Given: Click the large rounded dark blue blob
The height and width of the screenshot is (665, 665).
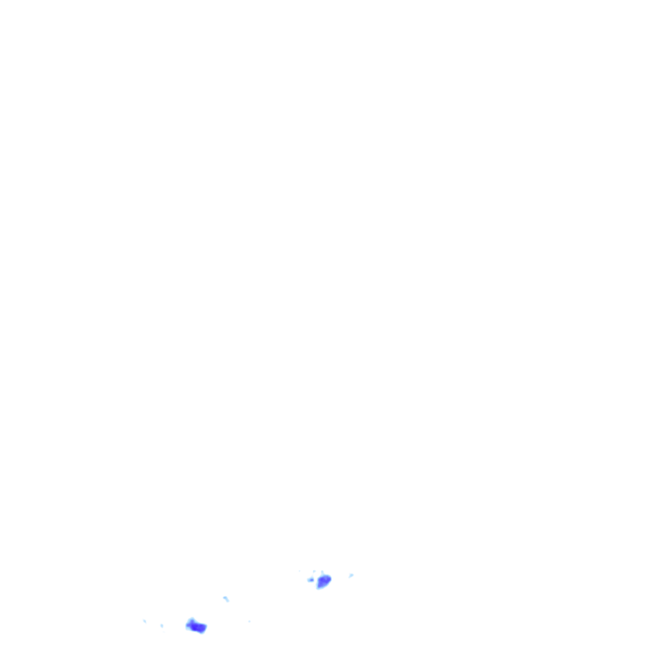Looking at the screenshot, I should [323, 581].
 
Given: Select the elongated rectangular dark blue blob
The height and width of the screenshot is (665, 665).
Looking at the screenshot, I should [196, 626].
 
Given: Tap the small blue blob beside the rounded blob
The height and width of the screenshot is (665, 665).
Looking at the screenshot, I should [310, 579].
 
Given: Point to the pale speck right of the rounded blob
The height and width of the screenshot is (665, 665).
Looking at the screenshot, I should [351, 575].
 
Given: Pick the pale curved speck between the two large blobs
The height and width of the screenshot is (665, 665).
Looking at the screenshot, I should [225, 598].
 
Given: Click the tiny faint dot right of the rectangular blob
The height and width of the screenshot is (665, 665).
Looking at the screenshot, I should [249, 621].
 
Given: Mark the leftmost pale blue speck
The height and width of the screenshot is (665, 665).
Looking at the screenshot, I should [144, 621].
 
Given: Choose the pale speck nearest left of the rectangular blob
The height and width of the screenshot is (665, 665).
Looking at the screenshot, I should [162, 625].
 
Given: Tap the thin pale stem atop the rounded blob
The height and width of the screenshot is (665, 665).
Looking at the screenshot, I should [322, 572].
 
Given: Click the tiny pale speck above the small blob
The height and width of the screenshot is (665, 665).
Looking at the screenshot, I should [314, 571].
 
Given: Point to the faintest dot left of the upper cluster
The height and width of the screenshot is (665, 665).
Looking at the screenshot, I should [299, 571].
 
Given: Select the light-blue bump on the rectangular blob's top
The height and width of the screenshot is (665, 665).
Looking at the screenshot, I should [191, 620].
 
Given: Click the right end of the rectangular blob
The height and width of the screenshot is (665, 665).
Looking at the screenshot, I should [205, 628].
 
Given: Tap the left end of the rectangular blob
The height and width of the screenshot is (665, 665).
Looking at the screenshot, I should [188, 625].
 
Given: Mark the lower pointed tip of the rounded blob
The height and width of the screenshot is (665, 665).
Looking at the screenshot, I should [318, 588].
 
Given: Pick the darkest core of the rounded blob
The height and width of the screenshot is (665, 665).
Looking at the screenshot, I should [325, 579].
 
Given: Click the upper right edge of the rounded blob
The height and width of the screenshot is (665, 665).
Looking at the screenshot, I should [330, 576].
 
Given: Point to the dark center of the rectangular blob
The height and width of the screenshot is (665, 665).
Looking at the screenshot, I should [197, 627].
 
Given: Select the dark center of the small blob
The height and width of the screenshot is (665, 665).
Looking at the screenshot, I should [310, 579].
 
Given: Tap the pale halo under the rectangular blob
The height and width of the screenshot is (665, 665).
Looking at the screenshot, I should [197, 633].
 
